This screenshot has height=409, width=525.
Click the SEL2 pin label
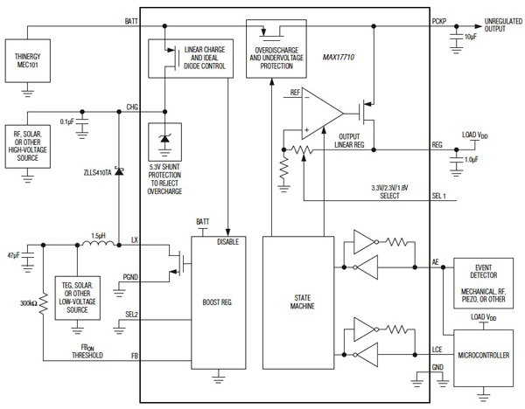131,313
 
